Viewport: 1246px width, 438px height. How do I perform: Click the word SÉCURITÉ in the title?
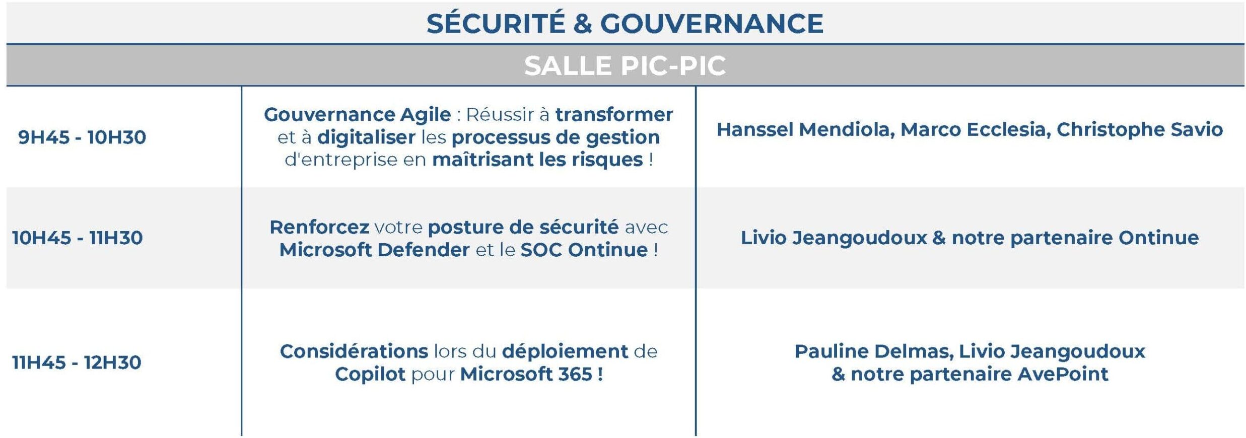tap(496, 23)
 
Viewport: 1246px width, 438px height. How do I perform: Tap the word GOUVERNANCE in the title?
tap(712, 24)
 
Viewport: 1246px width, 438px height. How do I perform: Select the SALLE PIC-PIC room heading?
tap(625, 65)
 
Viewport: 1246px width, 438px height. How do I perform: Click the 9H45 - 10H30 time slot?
tap(82, 137)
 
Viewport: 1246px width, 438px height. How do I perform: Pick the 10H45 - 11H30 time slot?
tap(78, 238)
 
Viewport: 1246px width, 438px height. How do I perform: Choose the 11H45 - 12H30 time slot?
tap(77, 362)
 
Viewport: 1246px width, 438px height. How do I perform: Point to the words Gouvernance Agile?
tap(358, 115)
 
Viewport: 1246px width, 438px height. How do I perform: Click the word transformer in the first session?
tap(614, 114)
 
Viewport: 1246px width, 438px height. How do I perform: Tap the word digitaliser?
tap(366, 137)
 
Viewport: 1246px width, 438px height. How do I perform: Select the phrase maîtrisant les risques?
tap(537, 160)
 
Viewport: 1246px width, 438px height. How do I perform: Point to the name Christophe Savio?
tap(1139, 130)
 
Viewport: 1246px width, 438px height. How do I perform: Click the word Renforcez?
tap(319, 227)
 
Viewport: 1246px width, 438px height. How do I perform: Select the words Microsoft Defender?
tap(375, 250)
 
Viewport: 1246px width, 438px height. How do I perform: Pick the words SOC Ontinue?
tap(584, 250)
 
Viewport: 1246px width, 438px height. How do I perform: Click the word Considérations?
tap(354, 351)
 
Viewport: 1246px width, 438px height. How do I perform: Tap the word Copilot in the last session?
tap(370, 375)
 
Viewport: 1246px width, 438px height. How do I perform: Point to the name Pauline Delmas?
tap(874, 351)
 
